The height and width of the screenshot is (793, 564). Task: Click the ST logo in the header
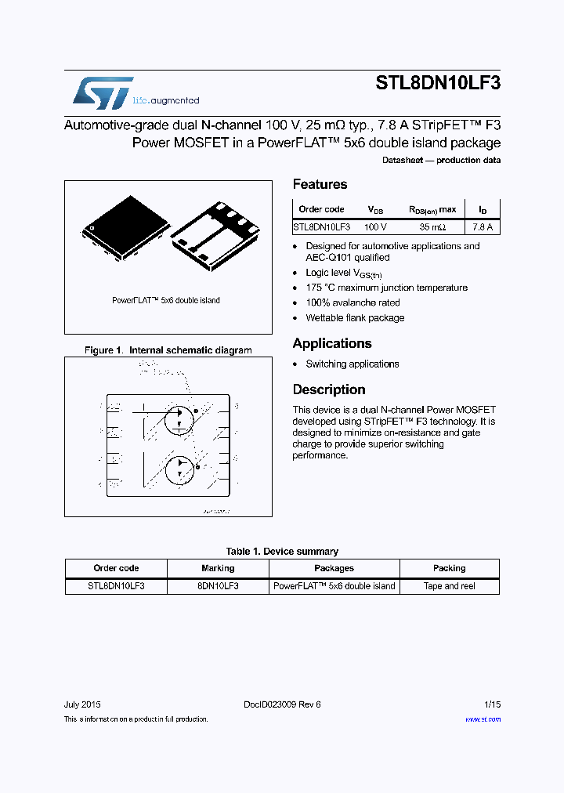tap(103, 93)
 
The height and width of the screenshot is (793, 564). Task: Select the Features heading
tap(320, 184)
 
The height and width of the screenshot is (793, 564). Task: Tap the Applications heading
tap(332, 343)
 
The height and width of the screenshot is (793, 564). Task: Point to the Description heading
tap(329, 389)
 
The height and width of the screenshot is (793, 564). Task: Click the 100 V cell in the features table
tap(376, 226)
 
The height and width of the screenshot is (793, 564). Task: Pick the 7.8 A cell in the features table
tap(483, 226)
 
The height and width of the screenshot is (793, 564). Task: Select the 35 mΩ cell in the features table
tap(432, 226)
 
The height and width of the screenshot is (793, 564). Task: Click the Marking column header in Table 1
tap(218, 568)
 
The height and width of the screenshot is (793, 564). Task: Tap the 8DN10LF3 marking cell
tap(218, 586)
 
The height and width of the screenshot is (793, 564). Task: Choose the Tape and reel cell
tap(450, 586)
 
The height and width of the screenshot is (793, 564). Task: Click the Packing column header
tap(450, 568)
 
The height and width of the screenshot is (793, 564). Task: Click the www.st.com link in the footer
tap(483, 719)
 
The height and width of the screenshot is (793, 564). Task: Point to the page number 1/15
tap(491, 704)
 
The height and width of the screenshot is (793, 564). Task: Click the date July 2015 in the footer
tap(82, 704)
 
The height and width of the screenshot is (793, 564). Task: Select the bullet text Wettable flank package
tap(355, 318)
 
